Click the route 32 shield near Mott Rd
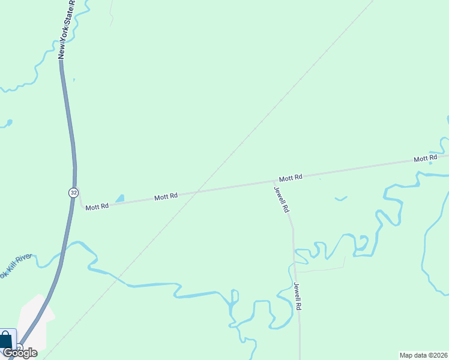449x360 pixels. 73,192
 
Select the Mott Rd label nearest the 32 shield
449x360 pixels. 97,206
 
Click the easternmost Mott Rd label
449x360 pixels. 425,159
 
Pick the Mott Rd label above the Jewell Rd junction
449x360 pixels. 290,178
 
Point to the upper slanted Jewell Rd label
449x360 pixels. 282,200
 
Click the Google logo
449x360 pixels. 20,353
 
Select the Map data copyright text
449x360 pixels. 423,355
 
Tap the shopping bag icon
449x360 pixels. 5,340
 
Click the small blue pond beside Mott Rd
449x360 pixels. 120,198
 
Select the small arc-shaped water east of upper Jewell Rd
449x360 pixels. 341,198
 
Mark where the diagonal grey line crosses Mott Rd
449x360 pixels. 198,192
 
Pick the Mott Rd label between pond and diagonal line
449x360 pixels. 166,196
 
